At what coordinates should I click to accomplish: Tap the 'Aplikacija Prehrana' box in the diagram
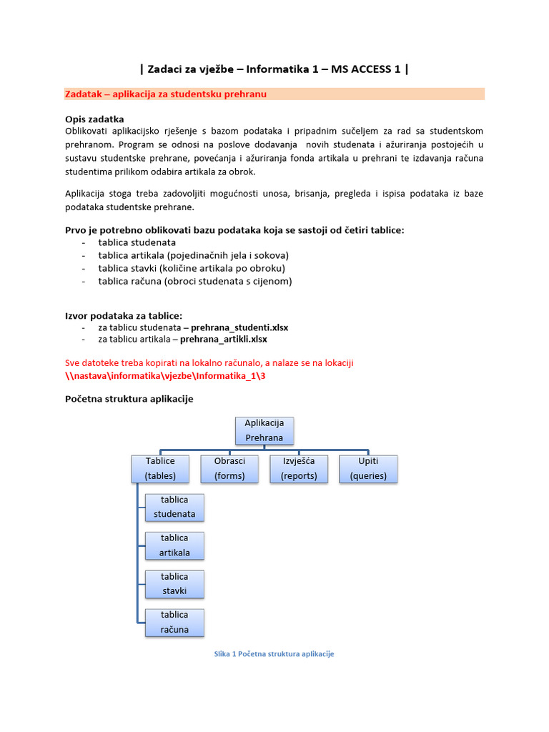(264, 430)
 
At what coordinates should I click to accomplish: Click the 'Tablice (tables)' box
(159, 468)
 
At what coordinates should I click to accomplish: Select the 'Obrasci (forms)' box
(229, 468)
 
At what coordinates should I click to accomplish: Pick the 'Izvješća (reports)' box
(298, 468)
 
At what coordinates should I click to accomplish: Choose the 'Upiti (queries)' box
(368, 468)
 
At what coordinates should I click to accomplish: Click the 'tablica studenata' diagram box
(174, 507)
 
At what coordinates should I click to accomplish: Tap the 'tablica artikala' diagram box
(174, 545)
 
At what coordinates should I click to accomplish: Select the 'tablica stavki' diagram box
(174, 583)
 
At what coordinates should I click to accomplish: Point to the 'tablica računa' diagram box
(174, 622)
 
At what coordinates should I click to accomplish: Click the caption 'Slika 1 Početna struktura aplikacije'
(274, 654)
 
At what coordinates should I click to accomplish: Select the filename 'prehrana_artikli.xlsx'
(223, 339)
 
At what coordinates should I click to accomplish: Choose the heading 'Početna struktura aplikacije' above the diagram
(129, 399)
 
